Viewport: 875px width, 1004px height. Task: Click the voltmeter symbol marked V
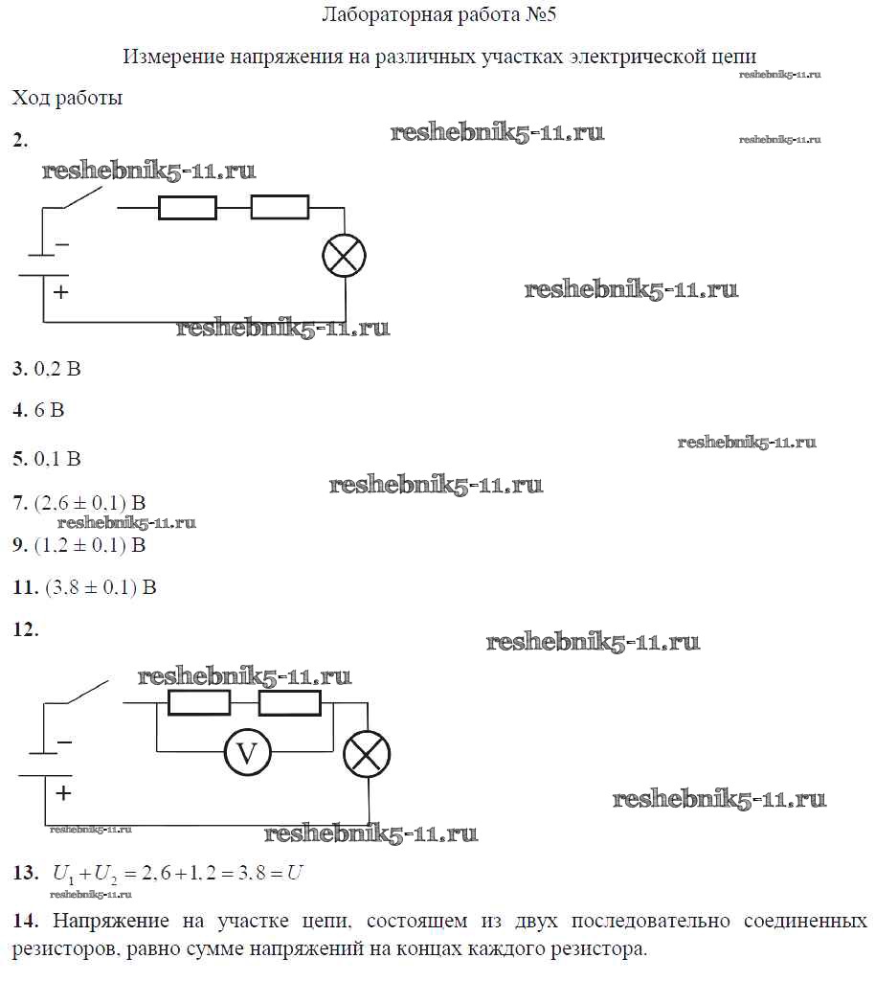pyautogui.click(x=248, y=752)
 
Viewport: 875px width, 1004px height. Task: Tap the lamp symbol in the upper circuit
pyautogui.click(x=344, y=255)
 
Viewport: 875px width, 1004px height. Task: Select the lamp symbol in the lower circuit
pyautogui.click(x=367, y=754)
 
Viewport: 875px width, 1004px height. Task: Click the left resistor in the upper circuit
pyautogui.click(x=188, y=208)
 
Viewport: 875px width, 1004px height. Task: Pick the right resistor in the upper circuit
pyautogui.click(x=280, y=208)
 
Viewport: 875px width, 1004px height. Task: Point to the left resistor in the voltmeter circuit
pyautogui.click(x=199, y=702)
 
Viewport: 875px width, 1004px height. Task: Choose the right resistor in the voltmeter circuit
pyautogui.click(x=290, y=702)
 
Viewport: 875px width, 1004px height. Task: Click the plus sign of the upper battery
pyautogui.click(x=60, y=292)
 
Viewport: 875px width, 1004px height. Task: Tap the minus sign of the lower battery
pyautogui.click(x=64, y=742)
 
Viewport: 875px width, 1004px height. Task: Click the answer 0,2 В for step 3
pyautogui.click(x=57, y=369)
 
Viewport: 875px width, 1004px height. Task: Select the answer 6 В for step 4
pyautogui.click(x=49, y=410)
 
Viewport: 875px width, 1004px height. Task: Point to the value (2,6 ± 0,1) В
pyautogui.click(x=90, y=503)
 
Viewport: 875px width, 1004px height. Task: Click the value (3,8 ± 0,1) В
pyautogui.click(x=101, y=587)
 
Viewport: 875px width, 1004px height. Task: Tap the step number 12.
pyautogui.click(x=26, y=629)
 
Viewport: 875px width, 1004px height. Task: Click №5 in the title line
pyautogui.click(x=541, y=14)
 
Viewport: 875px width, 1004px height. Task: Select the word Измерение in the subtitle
pyautogui.click(x=173, y=57)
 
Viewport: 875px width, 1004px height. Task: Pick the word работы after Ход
pyautogui.click(x=89, y=99)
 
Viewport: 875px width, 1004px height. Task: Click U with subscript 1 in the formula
pyautogui.click(x=63, y=874)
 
